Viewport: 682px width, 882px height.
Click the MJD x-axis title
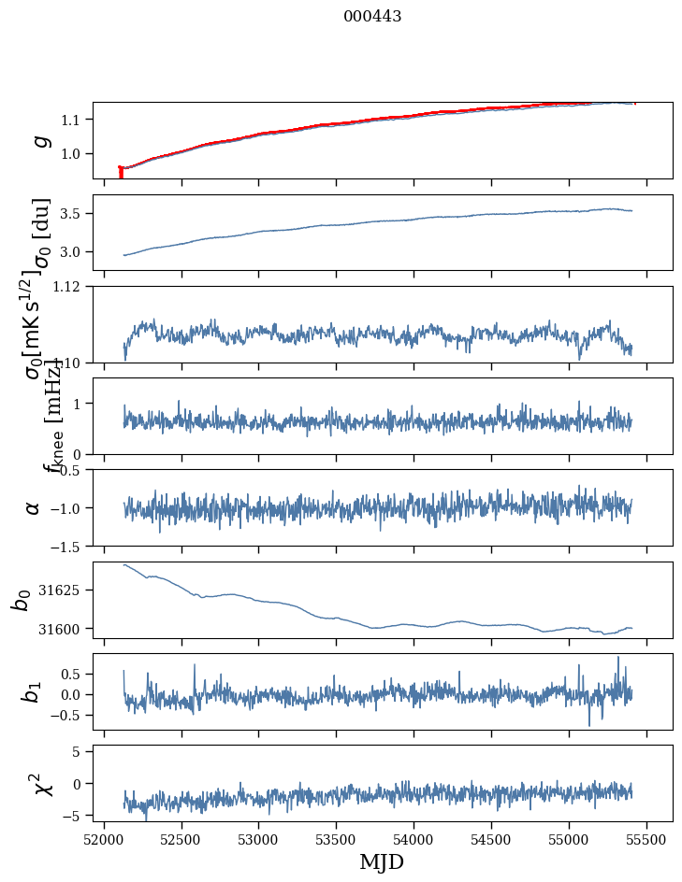pyautogui.click(x=382, y=861)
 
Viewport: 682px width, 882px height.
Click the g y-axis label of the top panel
pyautogui.click(x=39, y=140)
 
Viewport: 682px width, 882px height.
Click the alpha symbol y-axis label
pyautogui.click(x=34, y=507)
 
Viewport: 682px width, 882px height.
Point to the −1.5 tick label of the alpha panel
pyautogui.click(x=67, y=546)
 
